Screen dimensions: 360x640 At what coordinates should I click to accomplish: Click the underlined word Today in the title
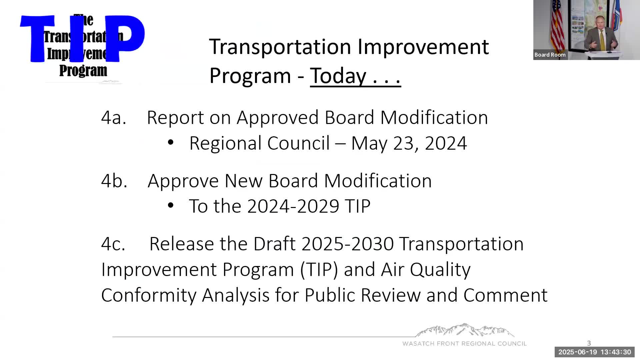click(x=338, y=76)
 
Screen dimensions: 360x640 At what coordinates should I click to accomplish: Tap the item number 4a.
click(x=114, y=118)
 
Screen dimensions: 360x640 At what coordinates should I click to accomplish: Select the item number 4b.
click(x=114, y=181)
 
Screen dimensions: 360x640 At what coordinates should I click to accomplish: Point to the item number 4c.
click(x=113, y=244)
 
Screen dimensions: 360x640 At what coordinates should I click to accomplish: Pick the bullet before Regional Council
click(x=171, y=142)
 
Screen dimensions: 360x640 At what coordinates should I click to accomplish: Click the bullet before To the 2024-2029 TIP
click(x=171, y=205)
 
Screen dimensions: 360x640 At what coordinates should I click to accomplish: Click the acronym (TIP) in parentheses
click(x=319, y=270)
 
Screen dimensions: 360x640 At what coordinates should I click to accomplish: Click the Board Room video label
click(x=550, y=55)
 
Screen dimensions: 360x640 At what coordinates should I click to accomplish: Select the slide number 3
click(x=589, y=343)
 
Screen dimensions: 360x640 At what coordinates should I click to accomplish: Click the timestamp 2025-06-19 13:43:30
click(x=594, y=352)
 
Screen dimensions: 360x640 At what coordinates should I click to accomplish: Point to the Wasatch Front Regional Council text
click(x=464, y=344)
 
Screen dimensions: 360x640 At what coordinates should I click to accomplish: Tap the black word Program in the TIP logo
click(x=83, y=71)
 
